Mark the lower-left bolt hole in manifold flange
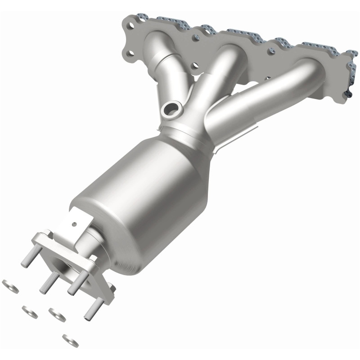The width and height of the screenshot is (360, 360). click(130, 54)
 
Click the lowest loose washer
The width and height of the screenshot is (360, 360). click(70, 339)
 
